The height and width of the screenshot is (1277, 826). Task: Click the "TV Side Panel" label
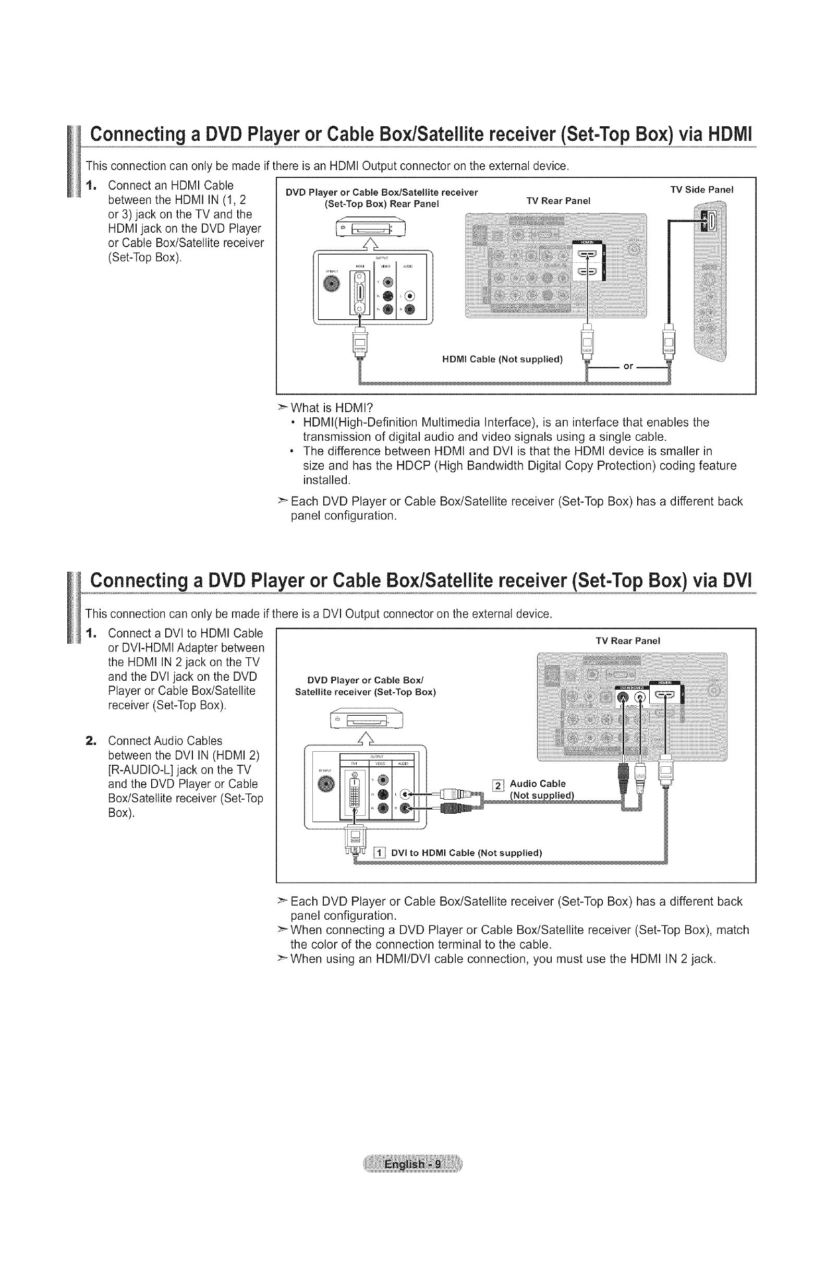coord(701,189)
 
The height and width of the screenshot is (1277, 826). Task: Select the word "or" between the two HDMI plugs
coord(628,366)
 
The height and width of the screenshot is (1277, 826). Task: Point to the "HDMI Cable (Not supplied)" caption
coord(502,359)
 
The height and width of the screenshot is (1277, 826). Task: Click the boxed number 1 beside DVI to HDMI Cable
coord(379,852)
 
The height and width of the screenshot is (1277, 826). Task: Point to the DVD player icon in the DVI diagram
coord(368,719)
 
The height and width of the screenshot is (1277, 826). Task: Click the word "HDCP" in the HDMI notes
coord(412,465)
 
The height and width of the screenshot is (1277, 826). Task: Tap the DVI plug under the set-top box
coord(355,838)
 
